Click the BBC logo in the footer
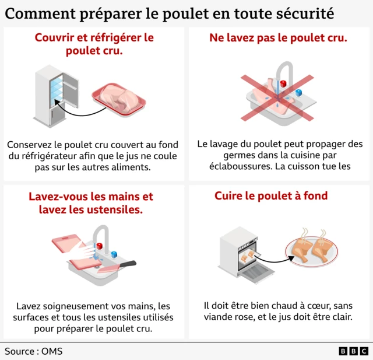(x=353, y=351)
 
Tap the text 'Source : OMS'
(x=33, y=351)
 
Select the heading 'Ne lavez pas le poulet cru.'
(x=278, y=38)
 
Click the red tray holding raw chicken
(x=119, y=99)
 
